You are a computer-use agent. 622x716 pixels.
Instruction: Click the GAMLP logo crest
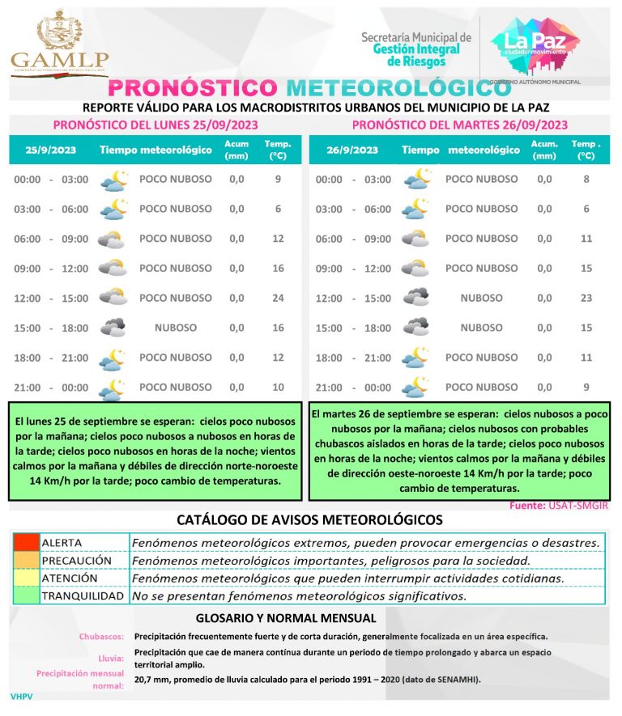click(59, 31)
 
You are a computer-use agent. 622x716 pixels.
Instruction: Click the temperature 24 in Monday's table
click(278, 298)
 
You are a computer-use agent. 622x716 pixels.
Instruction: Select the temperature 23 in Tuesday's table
click(587, 298)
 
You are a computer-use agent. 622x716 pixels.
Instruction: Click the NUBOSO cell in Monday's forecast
click(176, 328)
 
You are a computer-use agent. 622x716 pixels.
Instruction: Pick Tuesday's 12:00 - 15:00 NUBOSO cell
click(481, 298)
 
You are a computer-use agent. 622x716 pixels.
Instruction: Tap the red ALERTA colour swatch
click(25, 542)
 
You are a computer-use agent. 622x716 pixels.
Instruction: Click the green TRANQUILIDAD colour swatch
click(25, 595)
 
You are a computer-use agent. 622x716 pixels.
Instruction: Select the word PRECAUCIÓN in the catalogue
click(76, 560)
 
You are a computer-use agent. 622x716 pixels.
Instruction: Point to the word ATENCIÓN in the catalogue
click(70, 578)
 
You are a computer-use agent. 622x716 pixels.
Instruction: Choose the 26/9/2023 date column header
click(352, 150)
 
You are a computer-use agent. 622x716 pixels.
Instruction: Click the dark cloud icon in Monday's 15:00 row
click(113, 328)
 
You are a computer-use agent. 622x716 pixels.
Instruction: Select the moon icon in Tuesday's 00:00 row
click(417, 180)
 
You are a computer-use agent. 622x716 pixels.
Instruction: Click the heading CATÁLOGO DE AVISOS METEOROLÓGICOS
click(310, 519)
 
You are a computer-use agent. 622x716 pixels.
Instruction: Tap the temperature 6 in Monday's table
click(278, 209)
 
